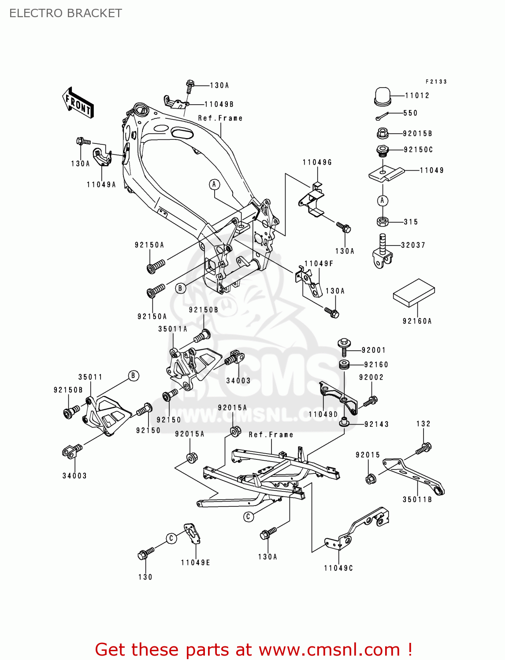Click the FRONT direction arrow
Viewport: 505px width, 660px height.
click(78, 103)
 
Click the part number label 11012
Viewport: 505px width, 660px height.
click(417, 95)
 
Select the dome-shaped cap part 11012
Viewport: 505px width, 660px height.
click(382, 96)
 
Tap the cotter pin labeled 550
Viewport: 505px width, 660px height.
click(382, 116)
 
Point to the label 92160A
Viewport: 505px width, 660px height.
click(417, 321)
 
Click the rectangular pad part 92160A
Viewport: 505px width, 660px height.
click(414, 292)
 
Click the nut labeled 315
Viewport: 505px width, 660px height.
click(382, 222)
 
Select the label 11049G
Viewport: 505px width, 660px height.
click(317, 162)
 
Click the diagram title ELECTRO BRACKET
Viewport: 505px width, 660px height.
click(66, 13)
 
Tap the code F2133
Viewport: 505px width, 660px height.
click(436, 82)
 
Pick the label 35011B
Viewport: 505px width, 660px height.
click(417, 499)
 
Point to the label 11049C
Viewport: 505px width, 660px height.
click(338, 568)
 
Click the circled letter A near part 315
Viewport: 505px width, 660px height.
click(382, 201)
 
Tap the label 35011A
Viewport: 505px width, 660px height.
click(173, 329)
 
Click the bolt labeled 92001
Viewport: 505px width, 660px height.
click(344, 346)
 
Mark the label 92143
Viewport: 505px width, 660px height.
click(376, 424)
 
